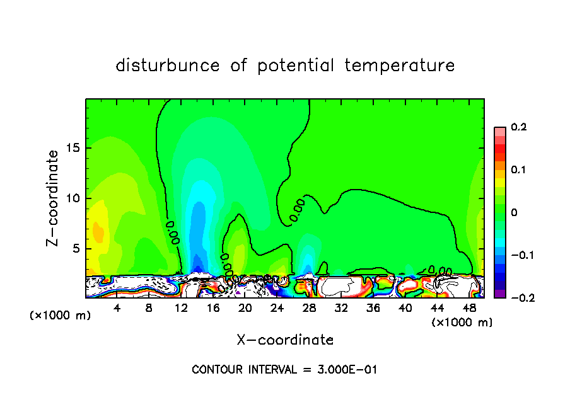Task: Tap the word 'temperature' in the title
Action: click(x=400, y=66)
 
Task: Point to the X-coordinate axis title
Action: click(x=285, y=340)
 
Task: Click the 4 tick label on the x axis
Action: click(x=117, y=308)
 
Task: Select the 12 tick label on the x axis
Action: click(x=181, y=308)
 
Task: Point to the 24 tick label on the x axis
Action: click(x=277, y=308)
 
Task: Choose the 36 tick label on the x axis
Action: click(x=373, y=308)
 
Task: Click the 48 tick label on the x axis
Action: click(x=468, y=308)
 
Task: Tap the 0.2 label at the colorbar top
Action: click(x=518, y=127)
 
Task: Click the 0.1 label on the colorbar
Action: click(x=518, y=170)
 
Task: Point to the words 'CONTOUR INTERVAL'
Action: click(x=243, y=370)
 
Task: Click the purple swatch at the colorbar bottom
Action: click(x=499, y=293)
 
